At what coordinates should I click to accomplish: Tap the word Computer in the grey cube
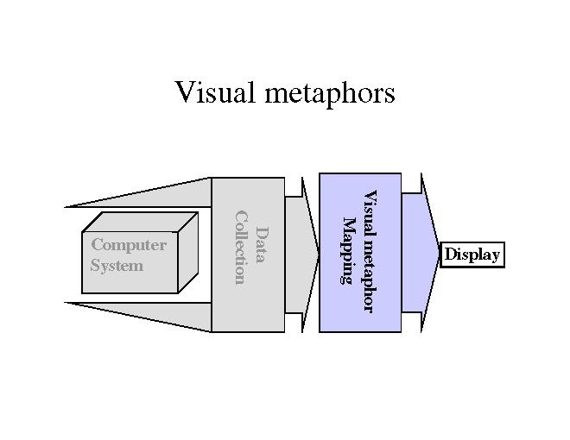click(x=129, y=245)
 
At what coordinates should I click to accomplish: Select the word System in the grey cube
click(x=117, y=266)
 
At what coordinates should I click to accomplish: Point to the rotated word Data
click(x=260, y=245)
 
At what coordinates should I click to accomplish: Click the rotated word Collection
click(x=240, y=247)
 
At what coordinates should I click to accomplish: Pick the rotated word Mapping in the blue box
click(x=349, y=250)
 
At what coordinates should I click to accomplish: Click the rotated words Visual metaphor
click(x=369, y=251)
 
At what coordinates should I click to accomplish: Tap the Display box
click(x=472, y=255)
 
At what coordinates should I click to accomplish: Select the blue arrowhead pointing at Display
click(x=423, y=253)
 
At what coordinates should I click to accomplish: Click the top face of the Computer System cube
click(x=140, y=222)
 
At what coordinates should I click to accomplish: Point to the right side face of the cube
click(x=187, y=253)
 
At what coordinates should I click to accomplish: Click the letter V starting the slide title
click(x=183, y=91)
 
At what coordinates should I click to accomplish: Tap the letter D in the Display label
click(x=449, y=255)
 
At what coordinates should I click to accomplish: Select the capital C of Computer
click(x=97, y=245)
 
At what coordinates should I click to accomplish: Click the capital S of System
click(x=95, y=266)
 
